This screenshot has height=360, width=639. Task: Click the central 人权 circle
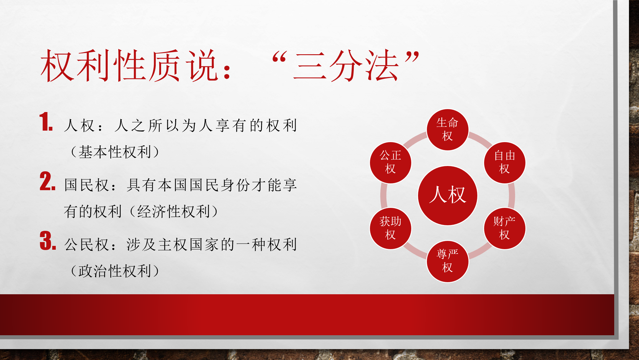tap(448, 195)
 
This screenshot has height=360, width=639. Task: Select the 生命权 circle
tap(448, 130)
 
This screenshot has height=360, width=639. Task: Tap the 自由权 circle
tap(504, 162)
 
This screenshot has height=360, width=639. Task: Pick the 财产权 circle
tap(504, 229)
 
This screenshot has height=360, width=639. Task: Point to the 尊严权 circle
tap(448, 261)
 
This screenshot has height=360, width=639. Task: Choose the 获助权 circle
tap(391, 229)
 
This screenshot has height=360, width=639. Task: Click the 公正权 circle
tap(391, 162)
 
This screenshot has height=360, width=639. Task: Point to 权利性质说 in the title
tap(129, 65)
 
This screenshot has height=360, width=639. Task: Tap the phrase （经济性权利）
tap(174, 211)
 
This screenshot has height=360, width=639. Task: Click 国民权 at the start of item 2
tap(86, 185)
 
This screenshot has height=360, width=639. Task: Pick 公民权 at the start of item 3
tap(86, 245)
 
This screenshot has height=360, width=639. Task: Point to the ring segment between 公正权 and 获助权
tap(384, 195)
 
